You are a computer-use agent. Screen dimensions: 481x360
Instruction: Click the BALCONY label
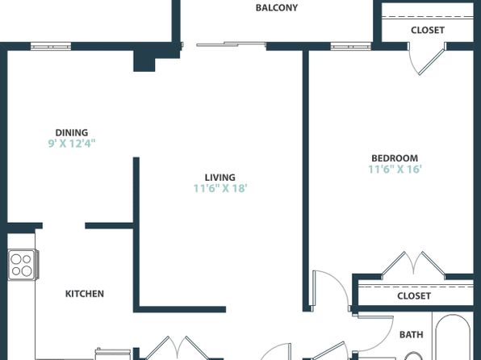click(276, 8)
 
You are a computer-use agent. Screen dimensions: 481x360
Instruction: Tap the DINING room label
click(72, 132)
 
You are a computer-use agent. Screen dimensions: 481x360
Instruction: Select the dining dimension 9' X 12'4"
click(72, 144)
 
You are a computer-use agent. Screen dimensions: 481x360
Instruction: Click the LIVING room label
click(220, 178)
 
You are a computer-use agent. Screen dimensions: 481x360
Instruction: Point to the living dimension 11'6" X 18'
click(220, 188)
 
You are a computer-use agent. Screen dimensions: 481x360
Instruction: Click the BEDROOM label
click(395, 158)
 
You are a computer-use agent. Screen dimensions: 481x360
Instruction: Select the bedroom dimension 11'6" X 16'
click(395, 170)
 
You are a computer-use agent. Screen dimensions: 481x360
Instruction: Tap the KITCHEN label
click(85, 294)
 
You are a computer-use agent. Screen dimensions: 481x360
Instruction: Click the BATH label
click(411, 334)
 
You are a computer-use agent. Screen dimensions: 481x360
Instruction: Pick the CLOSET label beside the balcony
click(428, 30)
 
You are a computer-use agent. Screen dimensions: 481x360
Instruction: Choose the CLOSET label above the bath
click(414, 296)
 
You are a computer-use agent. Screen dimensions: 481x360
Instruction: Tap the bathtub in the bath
click(453, 336)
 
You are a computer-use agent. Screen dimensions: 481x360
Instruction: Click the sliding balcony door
click(231, 44)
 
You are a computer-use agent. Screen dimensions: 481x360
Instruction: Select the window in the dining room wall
click(51, 47)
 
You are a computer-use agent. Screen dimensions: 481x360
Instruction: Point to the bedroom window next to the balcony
click(350, 47)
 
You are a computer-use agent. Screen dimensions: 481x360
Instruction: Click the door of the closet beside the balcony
click(426, 59)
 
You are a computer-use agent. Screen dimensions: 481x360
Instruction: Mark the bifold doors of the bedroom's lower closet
click(413, 265)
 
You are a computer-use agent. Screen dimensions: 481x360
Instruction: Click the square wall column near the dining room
click(144, 61)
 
